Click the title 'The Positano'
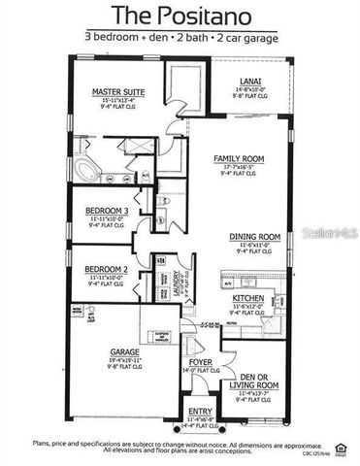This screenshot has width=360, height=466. (x=180, y=16)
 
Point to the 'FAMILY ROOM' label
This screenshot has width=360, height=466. (x=238, y=158)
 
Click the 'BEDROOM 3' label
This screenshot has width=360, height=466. (x=107, y=211)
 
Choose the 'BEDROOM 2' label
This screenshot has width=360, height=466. (x=107, y=269)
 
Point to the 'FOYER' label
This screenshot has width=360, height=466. (x=201, y=362)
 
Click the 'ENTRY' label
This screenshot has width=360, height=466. (x=199, y=411)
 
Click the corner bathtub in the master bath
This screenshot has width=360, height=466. (x=86, y=174)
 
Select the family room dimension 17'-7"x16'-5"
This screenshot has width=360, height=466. (x=238, y=166)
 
